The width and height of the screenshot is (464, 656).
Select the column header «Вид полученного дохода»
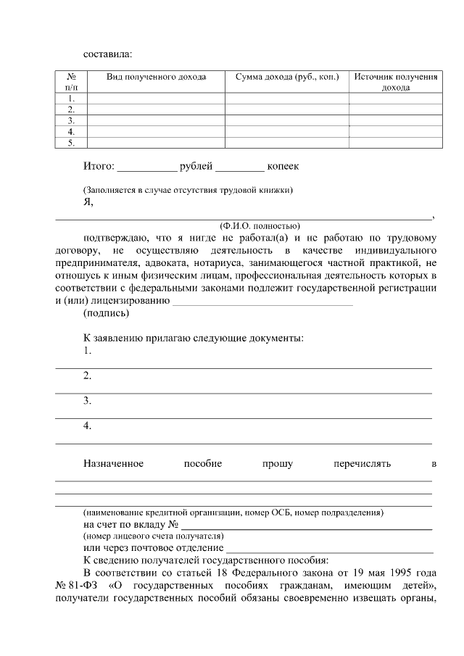[x=156, y=77]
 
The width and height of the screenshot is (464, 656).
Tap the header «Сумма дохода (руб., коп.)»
[x=287, y=77]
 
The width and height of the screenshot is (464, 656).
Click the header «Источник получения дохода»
[x=395, y=82]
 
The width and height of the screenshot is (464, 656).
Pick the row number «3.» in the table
[x=71, y=120]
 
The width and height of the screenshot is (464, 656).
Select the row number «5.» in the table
[x=71, y=143]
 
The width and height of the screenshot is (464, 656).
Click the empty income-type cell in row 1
[x=156, y=98]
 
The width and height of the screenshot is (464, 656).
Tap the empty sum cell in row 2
[x=287, y=109]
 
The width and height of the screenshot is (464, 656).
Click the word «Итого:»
[x=99, y=167]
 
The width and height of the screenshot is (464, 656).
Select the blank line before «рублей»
[x=147, y=168]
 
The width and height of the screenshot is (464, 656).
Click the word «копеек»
[x=283, y=167]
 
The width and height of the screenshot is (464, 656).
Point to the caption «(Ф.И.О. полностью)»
[x=260, y=225]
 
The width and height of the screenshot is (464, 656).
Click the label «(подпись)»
[x=107, y=314]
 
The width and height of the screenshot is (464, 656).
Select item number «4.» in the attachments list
[x=88, y=425]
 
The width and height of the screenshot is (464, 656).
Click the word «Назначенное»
[x=113, y=463]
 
